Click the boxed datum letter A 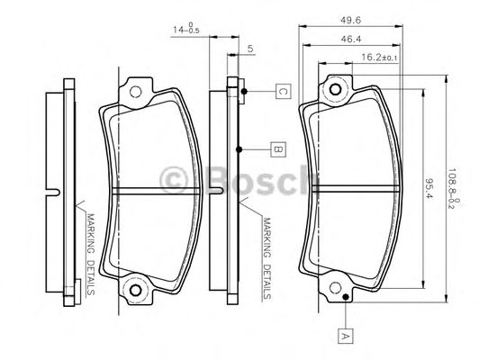(x=344, y=334)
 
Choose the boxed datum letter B (x=278, y=149)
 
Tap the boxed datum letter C (x=282, y=91)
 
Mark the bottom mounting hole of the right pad (x=336, y=290)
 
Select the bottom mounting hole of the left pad (x=137, y=291)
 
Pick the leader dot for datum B (x=239, y=149)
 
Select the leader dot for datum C (x=243, y=91)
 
